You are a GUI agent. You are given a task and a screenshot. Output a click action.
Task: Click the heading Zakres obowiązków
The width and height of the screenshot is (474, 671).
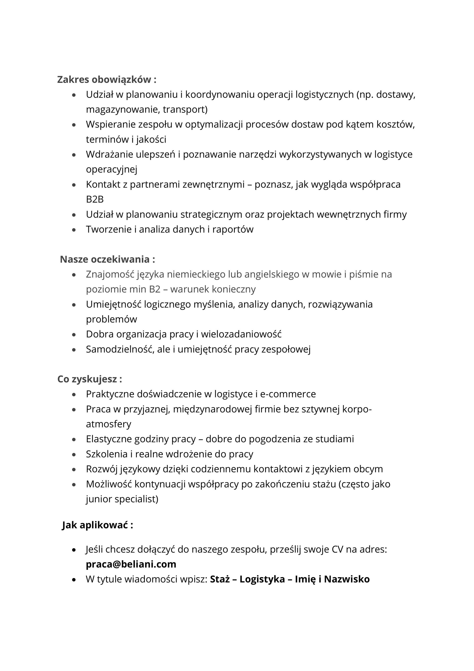(107, 80)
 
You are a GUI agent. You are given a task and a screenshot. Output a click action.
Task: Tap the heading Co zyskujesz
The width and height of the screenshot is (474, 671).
(90, 379)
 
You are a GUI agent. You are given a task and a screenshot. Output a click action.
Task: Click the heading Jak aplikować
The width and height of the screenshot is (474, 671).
(98, 525)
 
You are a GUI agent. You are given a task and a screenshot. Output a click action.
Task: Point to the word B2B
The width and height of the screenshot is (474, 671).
(95, 199)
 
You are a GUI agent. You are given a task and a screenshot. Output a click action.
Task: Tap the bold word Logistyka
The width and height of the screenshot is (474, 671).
(262, 579)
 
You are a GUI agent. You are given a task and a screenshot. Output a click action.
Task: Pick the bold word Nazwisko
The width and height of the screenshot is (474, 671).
(347, 579)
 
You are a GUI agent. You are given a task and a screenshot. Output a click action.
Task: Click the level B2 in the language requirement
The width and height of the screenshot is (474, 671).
(155, 289)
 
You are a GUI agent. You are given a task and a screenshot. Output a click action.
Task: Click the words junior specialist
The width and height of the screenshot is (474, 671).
(122, 499)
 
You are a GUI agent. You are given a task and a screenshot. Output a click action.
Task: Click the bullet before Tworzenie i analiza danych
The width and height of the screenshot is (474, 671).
(74, 230)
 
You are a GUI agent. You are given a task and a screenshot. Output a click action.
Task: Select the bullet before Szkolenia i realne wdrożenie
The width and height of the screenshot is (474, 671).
(74, 455)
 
